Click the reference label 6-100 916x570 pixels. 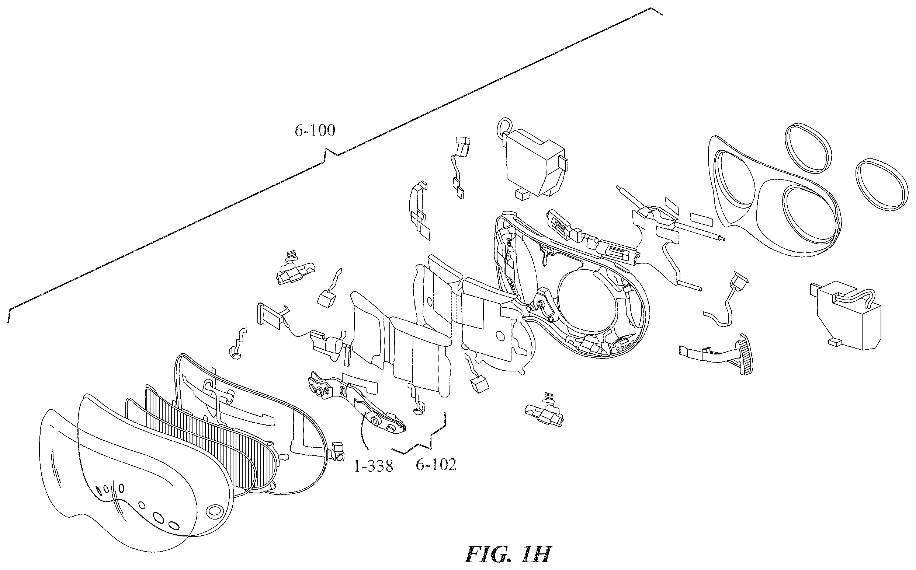tap(315, 131)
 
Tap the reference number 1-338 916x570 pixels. tap(373, 467)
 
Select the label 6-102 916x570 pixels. tap(436, 465)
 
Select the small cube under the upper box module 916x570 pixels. tap(522, 195)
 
